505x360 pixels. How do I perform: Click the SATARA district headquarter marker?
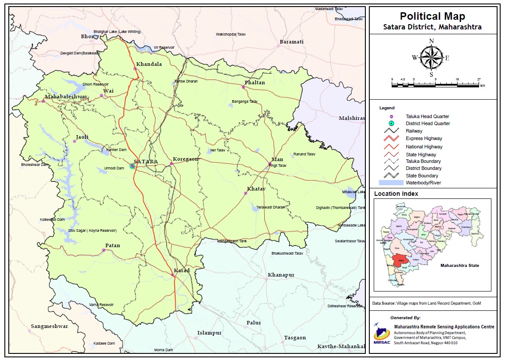click(133, 166)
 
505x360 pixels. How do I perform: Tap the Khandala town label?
click(149, 64)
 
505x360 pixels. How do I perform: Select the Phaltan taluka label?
click(255, 83)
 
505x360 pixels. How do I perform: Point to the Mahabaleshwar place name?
click(66, 97)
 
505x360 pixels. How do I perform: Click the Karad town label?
click(182, 270)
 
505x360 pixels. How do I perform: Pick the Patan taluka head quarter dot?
click(104, 250)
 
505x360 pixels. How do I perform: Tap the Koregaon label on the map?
click(186, 159)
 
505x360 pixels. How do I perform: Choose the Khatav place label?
click(256, 189)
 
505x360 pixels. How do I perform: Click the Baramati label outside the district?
click(292, 42)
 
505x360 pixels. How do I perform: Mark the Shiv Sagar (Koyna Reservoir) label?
click(92, 230)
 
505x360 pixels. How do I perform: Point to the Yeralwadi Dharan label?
click(271, 207)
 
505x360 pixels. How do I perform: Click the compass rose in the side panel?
click(432, 58)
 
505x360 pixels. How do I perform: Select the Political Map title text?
click(432, 17)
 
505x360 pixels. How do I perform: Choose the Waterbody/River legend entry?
click(423, 183)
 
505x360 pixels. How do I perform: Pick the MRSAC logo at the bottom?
click(381, 335)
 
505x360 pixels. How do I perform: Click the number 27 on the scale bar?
click(479, 79)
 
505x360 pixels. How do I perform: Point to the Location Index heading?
click(396, 194)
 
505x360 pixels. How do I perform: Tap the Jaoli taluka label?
click(82, 137)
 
